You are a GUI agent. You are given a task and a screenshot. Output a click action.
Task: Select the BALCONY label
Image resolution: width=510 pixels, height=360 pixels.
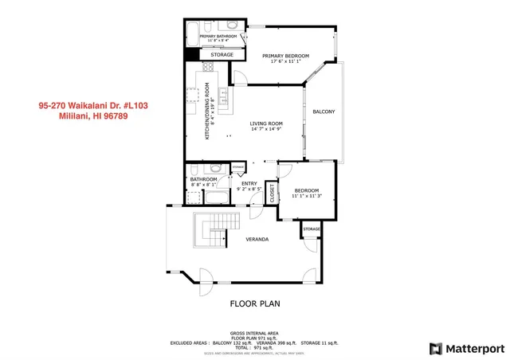pos(323,111)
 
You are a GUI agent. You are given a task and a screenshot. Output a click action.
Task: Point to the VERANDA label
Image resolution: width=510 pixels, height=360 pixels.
pos(257,239)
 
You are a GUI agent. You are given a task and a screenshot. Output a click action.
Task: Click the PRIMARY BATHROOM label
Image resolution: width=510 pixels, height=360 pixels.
pos(217,37)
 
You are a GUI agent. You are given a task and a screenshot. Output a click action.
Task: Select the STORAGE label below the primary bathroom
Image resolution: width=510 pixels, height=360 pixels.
pos(222,55)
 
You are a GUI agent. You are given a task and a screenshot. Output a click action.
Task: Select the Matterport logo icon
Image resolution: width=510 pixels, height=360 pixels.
pos(434,348)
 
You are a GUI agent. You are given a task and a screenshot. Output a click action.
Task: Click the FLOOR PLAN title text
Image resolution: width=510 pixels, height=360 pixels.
pos(255,303)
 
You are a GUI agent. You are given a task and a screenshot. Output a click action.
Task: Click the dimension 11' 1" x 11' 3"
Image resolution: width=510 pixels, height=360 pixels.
pos(307,196)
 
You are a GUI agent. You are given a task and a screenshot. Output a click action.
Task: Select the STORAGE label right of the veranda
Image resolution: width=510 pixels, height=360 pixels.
pos(311,229)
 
